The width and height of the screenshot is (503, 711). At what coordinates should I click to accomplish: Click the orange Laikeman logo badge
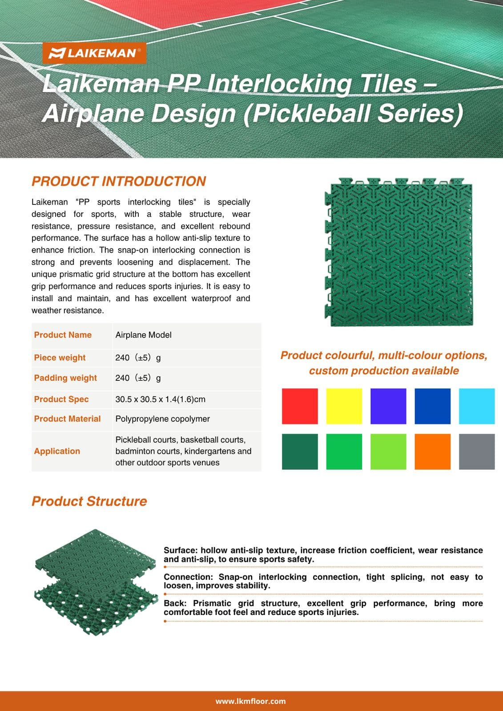pyautogui.click(x=94, y=53)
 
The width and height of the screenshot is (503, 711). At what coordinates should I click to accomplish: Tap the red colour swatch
pyautogui.click(x=300, y=406)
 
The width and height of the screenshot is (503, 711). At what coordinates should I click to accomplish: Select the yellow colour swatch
pyautogui.click(x=344, y=406)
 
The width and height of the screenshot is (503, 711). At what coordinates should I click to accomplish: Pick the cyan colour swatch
pyautogui.click(x=477, y=406)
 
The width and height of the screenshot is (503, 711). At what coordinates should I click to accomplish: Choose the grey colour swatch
pyautogui.click(x=477, y=451)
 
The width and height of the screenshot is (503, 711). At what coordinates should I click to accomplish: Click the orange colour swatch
pyautogui.click(x=432, y=451)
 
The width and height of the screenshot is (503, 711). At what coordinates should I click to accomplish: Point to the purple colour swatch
pyautogui.click(x=388, y=406)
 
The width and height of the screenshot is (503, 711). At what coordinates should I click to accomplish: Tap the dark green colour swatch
pyautogui.click(x=300, y=451)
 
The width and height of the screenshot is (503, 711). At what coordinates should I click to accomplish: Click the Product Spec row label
pyautogui.click(x=61, y=399)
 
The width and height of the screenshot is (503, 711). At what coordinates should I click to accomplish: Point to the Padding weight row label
pyautogui.click(x=65, y=378)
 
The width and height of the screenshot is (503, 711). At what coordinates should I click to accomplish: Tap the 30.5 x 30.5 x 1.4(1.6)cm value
pyautogui.click(x=160, y=399)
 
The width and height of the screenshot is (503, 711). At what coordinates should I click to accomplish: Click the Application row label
pyautogui.click(x=57, y=451)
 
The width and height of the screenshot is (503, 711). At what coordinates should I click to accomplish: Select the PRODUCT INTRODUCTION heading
pyautogui.click(x=119, y=181)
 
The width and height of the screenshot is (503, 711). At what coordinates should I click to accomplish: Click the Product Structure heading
pyautogui.click(x=89, y=501)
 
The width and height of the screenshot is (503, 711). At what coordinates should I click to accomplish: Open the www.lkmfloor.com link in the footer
pyautogui.click(x=250, y=701)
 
